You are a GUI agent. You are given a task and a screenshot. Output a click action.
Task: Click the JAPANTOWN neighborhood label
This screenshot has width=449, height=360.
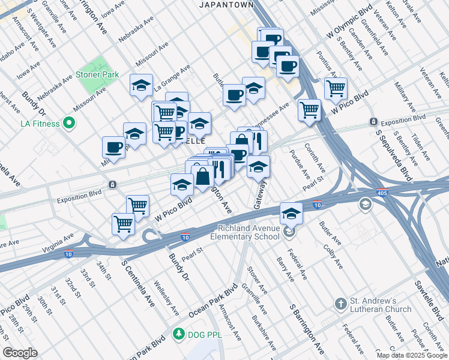(226, 5)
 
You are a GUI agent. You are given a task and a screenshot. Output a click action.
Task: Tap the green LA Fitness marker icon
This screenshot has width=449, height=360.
(69, 124)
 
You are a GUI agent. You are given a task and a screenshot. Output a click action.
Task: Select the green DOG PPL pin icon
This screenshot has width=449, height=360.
(178, 334)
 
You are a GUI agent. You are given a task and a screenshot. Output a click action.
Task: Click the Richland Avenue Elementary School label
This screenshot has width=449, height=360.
(250, 232)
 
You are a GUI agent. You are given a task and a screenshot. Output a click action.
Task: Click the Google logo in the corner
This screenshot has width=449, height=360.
(19, 353)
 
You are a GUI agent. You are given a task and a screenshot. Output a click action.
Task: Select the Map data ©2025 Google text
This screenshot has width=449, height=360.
(411, 355)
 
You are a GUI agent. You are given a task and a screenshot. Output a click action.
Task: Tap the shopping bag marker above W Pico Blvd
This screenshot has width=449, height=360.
(203, 176)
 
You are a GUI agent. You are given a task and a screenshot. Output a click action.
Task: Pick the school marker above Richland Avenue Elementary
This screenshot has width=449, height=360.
(291, 212)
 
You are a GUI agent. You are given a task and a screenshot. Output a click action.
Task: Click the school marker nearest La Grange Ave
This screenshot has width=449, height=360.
(142, 85)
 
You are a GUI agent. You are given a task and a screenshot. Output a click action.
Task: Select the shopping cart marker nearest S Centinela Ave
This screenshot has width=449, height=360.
(124, 224)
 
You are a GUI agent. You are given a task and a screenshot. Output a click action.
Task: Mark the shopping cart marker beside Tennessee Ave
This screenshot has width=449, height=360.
(309, 110)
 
